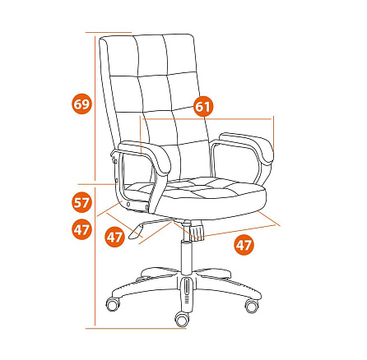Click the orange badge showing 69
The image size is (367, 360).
(81, 104)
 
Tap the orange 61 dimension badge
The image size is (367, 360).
(203, 106)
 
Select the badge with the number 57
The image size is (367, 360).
(81, 203)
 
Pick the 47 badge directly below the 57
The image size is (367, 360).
(81, 229)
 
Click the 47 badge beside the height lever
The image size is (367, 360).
(114, 237)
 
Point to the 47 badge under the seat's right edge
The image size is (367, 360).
(244, 246)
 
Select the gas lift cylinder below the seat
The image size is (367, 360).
(187, 256)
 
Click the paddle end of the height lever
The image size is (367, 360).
(136, 231)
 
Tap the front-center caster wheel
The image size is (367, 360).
(182, 319)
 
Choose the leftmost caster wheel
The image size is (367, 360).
(113, 303)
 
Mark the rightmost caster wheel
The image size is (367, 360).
(252, 306)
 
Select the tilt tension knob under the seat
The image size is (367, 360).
(197, 233)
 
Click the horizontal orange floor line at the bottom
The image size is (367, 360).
(136, 328)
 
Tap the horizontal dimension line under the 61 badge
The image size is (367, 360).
(207, 119)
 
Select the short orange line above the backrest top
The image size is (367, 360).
(109, 32)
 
